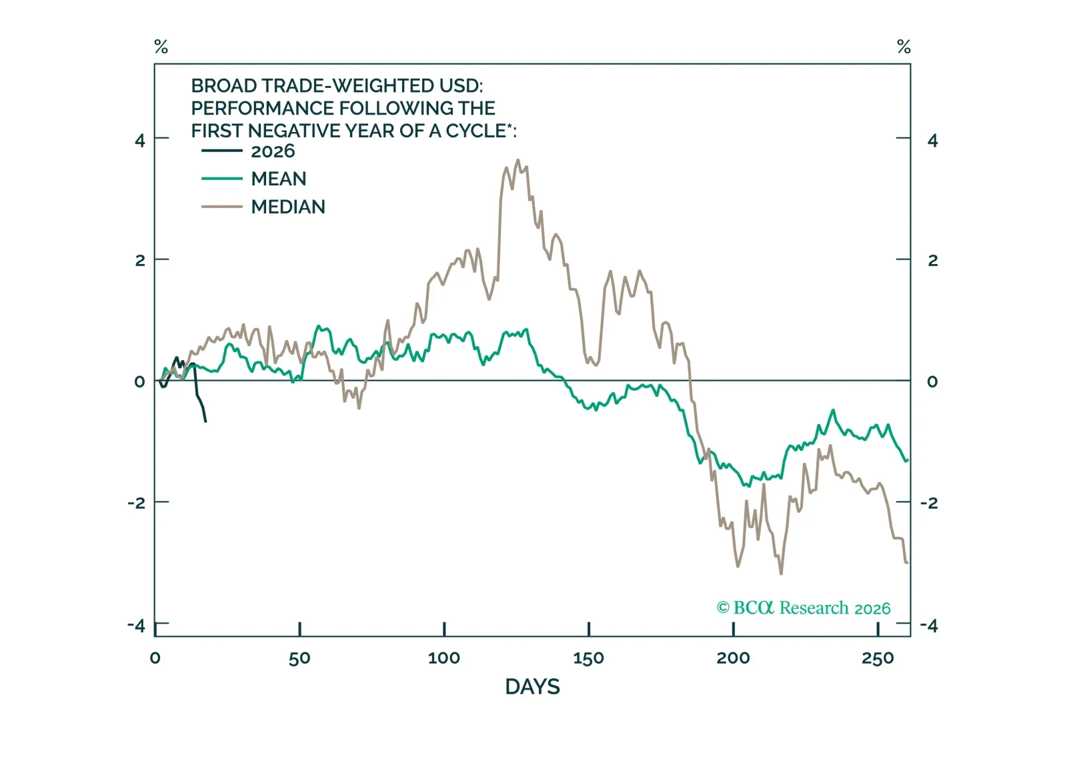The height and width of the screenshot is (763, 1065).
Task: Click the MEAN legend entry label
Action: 278,179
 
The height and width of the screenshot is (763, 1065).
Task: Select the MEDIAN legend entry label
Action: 287,207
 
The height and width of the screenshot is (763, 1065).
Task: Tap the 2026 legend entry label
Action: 273,151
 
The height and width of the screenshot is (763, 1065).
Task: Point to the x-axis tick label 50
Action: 299,658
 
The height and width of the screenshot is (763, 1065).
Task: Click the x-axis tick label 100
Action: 443,658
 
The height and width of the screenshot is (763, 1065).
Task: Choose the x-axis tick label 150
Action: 588,658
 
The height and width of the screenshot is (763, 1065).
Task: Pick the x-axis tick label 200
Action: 733,658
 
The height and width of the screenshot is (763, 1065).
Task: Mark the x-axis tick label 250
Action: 877,658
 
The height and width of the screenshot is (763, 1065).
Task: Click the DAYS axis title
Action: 532,686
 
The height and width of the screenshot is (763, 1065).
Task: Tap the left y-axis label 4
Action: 139,140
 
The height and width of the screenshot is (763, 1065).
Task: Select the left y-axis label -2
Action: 136,502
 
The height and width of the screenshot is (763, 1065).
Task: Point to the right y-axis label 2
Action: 932,260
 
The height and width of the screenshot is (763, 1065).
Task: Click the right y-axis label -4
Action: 929,625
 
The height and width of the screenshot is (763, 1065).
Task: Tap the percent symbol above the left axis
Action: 161,47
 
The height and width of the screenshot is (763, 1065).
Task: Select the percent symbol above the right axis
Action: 904,47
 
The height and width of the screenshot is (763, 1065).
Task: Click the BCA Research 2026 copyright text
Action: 804,608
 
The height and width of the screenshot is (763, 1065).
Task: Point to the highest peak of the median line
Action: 518,160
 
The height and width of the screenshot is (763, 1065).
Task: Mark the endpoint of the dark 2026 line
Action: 205,422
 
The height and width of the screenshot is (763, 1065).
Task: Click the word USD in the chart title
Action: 459,86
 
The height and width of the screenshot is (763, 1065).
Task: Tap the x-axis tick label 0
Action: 155,658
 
